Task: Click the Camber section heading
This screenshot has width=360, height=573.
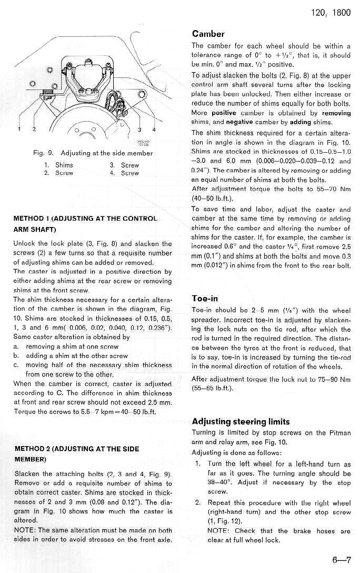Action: (208, 34)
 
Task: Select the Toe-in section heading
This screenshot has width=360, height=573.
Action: (205, 299)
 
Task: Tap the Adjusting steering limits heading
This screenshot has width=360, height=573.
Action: (241, 421)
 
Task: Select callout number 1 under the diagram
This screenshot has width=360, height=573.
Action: (19, 129)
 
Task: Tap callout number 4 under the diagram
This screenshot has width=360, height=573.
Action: (154, 129)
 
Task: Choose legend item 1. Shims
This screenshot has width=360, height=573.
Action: (59, 165)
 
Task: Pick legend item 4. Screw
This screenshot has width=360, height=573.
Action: (124, 173)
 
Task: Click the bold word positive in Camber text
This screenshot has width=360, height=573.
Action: (224, 113)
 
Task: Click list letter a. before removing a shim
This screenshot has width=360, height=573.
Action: (17, 347)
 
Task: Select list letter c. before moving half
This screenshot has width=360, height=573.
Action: (17, 365)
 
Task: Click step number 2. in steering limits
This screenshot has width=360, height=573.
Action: (198, 502)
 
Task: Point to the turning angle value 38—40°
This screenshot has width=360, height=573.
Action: (204, 482)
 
